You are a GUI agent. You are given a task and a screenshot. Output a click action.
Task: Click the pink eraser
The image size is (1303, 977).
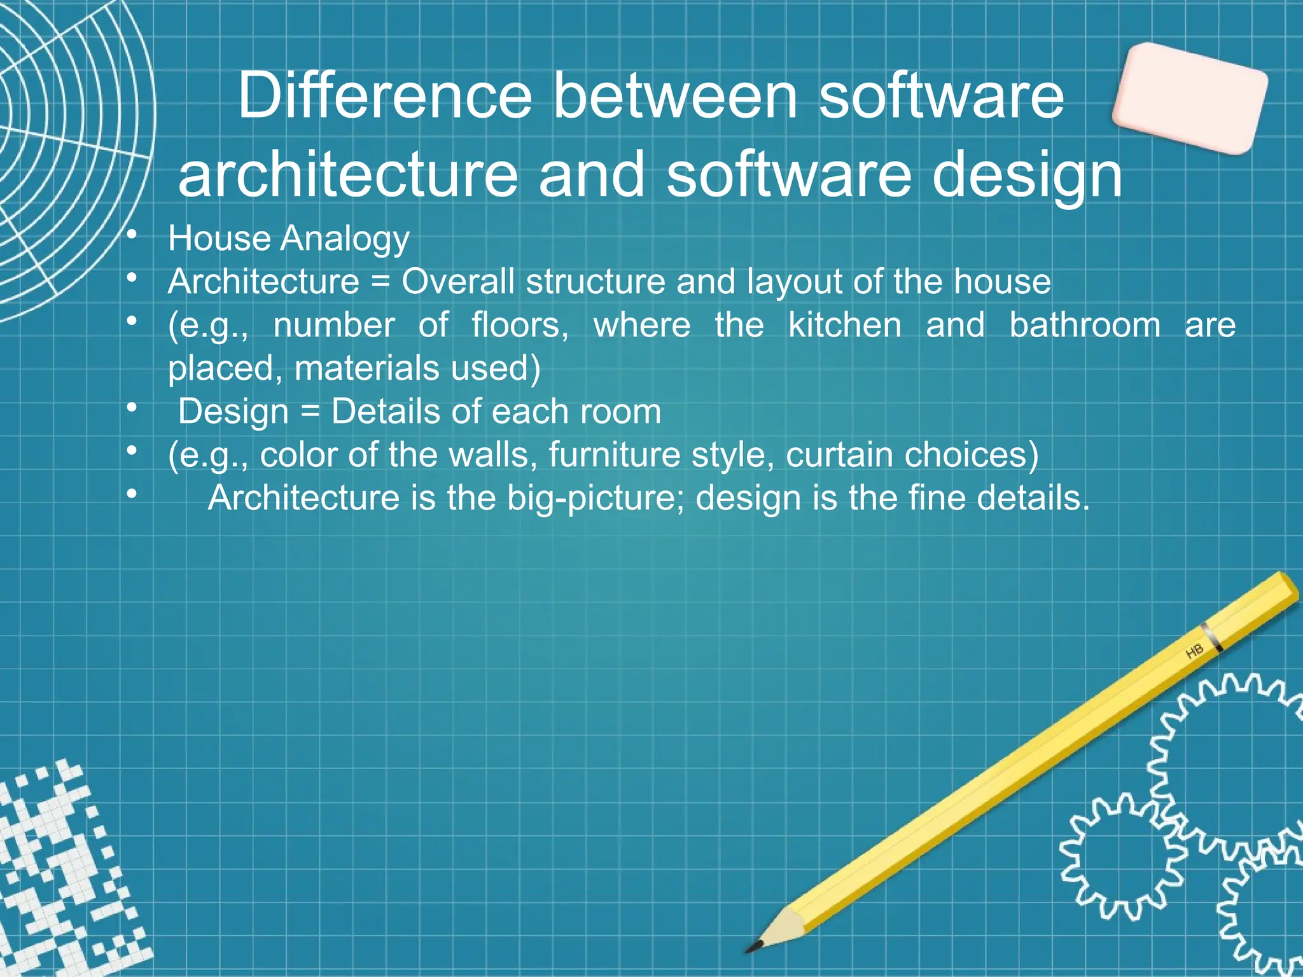coord(1189,99)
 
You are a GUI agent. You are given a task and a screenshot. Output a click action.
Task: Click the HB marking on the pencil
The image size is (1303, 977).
coord(1194,651)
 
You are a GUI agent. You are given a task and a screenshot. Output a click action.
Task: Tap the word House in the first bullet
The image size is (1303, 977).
coord(219,239)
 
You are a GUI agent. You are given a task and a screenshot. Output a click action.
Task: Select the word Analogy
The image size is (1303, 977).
coord(345,240)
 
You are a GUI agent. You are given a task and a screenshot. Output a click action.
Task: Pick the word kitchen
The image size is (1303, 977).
coord(845,325)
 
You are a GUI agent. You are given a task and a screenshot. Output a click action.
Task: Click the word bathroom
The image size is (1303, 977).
coord(1085,325)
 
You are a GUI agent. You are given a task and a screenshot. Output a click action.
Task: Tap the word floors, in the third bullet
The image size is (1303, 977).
coord(520,325)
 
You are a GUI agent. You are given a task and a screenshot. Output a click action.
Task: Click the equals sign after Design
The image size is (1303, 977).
coord(310,412)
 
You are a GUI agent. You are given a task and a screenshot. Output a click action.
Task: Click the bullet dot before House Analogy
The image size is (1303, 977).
coord(132,236)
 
